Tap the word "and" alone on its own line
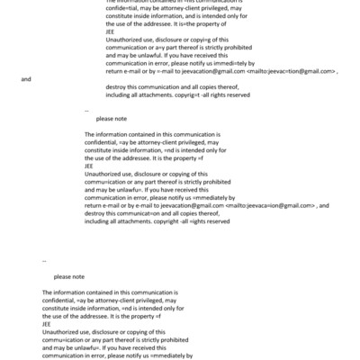click(x=25, y=79)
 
